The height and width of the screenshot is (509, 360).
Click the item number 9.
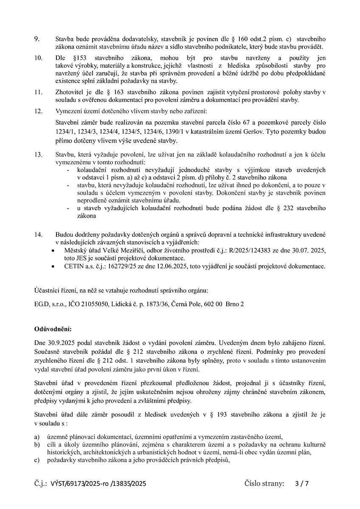pos(37,39)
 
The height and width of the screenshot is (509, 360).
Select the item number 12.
pos(38,112)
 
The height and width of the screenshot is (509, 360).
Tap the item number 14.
pos(38,235)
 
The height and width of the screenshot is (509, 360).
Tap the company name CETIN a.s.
pos(78,267)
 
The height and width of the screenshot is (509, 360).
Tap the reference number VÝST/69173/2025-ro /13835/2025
pos(98,484)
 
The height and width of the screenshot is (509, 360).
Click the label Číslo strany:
pos(264,484)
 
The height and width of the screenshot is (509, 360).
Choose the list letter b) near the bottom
pos(37,445)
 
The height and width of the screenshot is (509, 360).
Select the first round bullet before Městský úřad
pos(53,251)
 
